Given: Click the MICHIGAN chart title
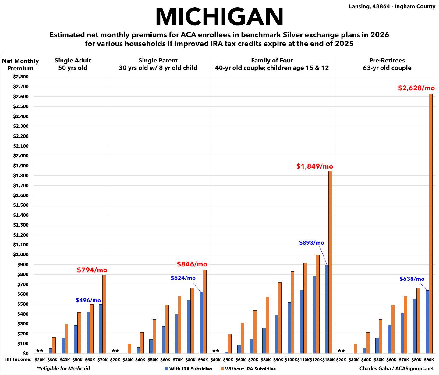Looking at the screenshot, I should pos(219,17).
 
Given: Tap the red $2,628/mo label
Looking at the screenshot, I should pos(416,88).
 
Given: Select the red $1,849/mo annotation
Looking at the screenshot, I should pos(315,166).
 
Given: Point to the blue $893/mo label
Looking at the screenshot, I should pos(311,243).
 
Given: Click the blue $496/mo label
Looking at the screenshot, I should pos(88,300).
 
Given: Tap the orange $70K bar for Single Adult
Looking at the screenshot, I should pos(104,314).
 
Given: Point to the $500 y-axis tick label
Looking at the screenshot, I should pos(21,304).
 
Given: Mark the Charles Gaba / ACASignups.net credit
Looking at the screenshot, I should pos(396,368).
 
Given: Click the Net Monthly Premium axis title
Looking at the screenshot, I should pos(20,64).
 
